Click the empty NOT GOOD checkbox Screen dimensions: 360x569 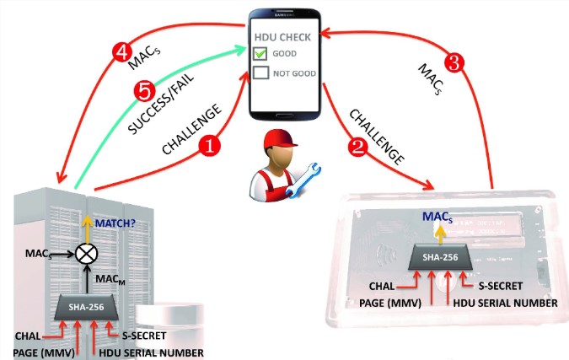[263, 73]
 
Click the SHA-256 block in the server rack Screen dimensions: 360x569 [87, 308]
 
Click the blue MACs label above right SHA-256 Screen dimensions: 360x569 [435, 217]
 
